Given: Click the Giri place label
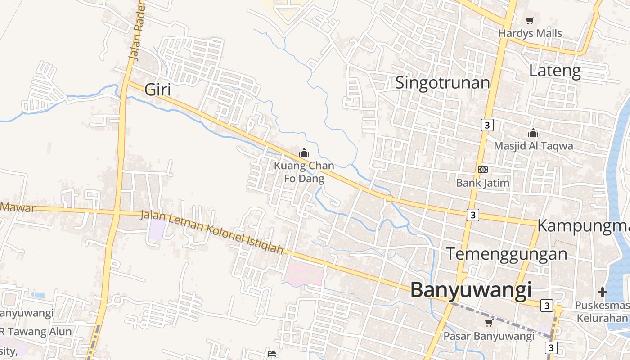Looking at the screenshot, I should (157, 90).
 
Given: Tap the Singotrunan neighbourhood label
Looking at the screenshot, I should (442, 83).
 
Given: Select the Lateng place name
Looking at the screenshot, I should (555, 71).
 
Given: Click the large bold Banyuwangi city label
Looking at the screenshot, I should (471, 290).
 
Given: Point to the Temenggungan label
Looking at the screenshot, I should (507, 254).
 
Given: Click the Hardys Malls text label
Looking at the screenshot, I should (530, 33).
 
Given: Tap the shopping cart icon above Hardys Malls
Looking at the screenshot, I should (530, 20).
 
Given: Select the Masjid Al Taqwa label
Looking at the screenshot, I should (533, 146).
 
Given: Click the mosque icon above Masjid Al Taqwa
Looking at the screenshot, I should (533, 133).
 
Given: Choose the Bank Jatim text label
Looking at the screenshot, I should (482, 183).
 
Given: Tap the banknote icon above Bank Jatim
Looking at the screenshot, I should (482, 170).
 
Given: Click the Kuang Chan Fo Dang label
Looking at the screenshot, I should (304, 172).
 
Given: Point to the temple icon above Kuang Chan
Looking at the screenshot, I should (304, 153).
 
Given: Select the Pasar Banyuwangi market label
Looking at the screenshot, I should (489, 336).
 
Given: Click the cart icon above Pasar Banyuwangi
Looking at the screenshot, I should (489, 323).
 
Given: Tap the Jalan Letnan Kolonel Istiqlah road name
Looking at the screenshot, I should (212, 231).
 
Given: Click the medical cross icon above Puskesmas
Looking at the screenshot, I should (603, 292).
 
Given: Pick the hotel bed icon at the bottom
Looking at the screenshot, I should (272, 354).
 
